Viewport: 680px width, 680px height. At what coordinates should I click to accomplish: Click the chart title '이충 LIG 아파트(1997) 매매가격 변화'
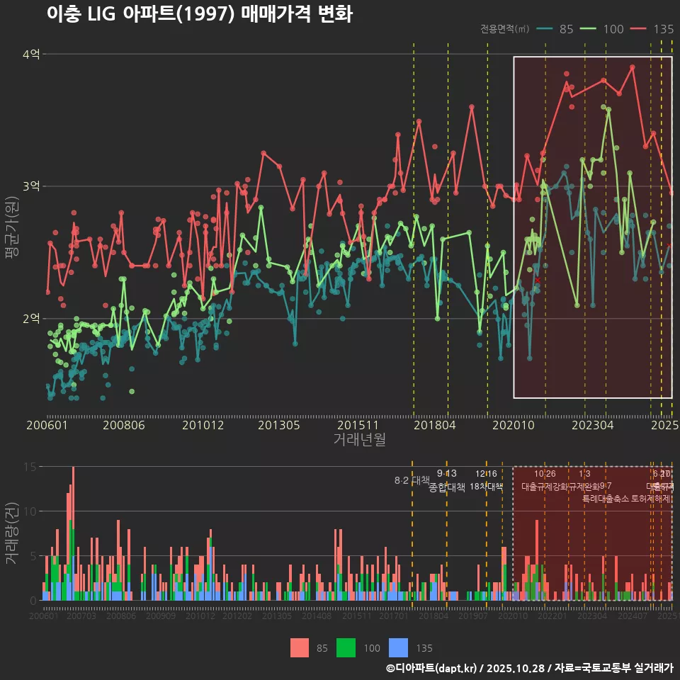[199, 14]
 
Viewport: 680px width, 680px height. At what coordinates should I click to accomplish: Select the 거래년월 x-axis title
[360, 440]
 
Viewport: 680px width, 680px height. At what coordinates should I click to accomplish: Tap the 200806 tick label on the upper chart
[123, 426]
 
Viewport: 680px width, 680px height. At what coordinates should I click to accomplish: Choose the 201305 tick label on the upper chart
[278, 426]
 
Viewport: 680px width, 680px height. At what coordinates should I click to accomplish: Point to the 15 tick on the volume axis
[30, 467]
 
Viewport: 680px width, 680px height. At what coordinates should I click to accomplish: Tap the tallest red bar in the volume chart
[73, 496]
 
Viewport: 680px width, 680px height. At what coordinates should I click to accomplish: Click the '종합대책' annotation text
[447, 487]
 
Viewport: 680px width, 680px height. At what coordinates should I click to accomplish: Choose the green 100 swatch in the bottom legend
[346, 647]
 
